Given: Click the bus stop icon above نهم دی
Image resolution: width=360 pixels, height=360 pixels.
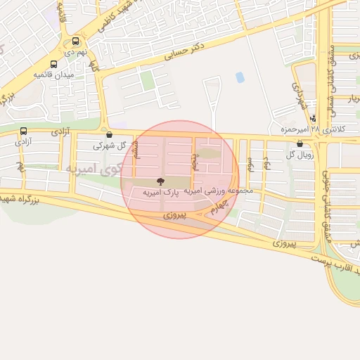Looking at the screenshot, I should [75, 41].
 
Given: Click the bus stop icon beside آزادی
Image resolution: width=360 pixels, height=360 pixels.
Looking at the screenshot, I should [24, 131].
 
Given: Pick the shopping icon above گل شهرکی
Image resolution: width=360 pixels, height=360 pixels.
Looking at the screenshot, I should [107, 134].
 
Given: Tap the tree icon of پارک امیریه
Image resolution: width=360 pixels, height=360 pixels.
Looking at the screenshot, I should [160, 181].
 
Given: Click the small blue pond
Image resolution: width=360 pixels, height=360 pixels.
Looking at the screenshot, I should [240, 77].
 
